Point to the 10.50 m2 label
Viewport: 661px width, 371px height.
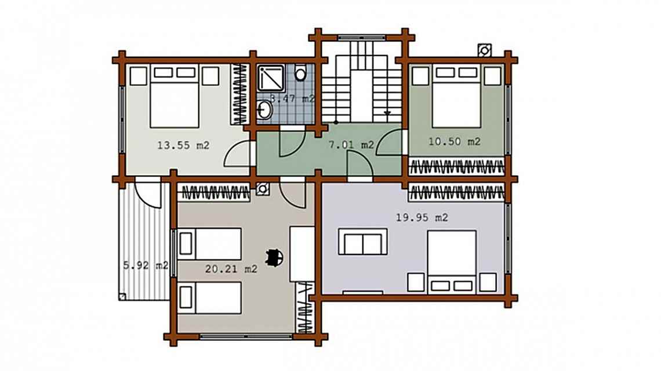click(x=455, y=141)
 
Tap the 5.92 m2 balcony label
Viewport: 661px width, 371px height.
click(x=146, y=265)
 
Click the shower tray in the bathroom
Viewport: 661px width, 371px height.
click(x=271, y=78)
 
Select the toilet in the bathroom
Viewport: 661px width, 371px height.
click(x=300, y=74)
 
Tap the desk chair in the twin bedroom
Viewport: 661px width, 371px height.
click(x=274, y=256)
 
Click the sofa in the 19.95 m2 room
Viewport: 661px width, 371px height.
click(x=363, y=242)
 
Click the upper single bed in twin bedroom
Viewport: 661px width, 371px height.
click(x=210, y=244)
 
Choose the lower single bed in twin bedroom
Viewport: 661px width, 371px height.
click(x=210, y=298)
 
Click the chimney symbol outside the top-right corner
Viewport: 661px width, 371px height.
click(x=484, y=50)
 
